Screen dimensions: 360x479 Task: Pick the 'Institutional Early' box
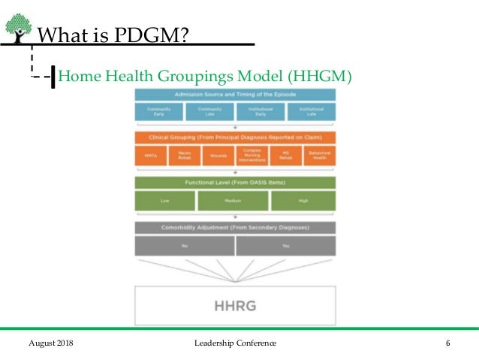pyautogui.click(x=260, y=112)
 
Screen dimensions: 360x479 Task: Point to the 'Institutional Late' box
pyautogui.click(x=311, y=112)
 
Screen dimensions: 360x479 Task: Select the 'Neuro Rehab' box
pyautogui.click(x=185, y=156)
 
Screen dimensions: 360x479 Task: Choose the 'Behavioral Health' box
pyautogui.click(x=319, y=156)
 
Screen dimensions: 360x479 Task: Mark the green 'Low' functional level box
pyautogui.click(x=164, y=201)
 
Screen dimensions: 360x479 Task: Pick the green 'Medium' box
pyautogui.click(x=233, y=201)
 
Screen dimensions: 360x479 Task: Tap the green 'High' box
pyautogui.click(x=303, y=201)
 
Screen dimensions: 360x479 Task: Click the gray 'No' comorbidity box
pyautogui.click(x=184, y=245)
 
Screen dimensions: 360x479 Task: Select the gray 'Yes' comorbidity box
pyautogui.click(x=285, y=245)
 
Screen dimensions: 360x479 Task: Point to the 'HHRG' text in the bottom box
pyautogui.click(x=235, y=306)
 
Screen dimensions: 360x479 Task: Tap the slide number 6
pyautogui.click(x=447, y=343)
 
